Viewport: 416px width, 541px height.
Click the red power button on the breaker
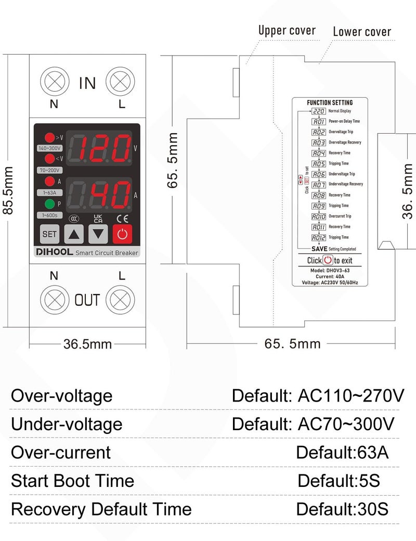pos(122,234)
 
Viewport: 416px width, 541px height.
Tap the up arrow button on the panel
pos(74,234)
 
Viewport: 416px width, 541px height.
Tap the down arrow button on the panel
pos(98,234)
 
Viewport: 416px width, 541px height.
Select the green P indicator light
pos(49,204)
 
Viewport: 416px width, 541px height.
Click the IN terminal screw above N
pos(55,82)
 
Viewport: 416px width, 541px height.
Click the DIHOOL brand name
pos(54,252)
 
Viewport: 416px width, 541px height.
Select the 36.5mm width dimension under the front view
pos(87,344)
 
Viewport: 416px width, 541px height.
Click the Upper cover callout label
pos(287,31)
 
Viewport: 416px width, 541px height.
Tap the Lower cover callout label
pos(362,32)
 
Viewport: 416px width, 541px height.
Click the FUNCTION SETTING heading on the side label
pos(330,102)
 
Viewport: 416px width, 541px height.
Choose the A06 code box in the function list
pos(319,174)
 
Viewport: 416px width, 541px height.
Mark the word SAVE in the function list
pos(319,249)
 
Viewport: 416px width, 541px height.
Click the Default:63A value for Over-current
pos(342,452)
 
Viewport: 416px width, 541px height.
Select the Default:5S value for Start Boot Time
pos(339,480)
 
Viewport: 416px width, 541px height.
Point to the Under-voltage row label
pos(67,424)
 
